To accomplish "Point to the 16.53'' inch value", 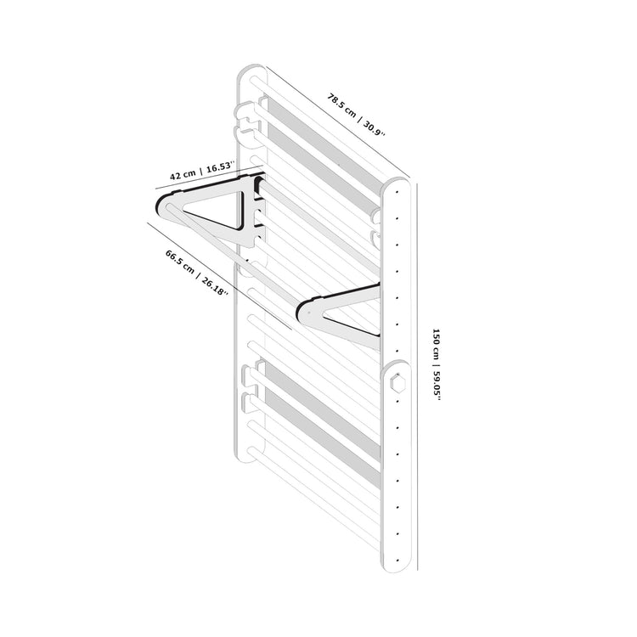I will click(x=217, y=166).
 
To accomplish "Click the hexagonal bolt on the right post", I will click(x=396, y=383).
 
